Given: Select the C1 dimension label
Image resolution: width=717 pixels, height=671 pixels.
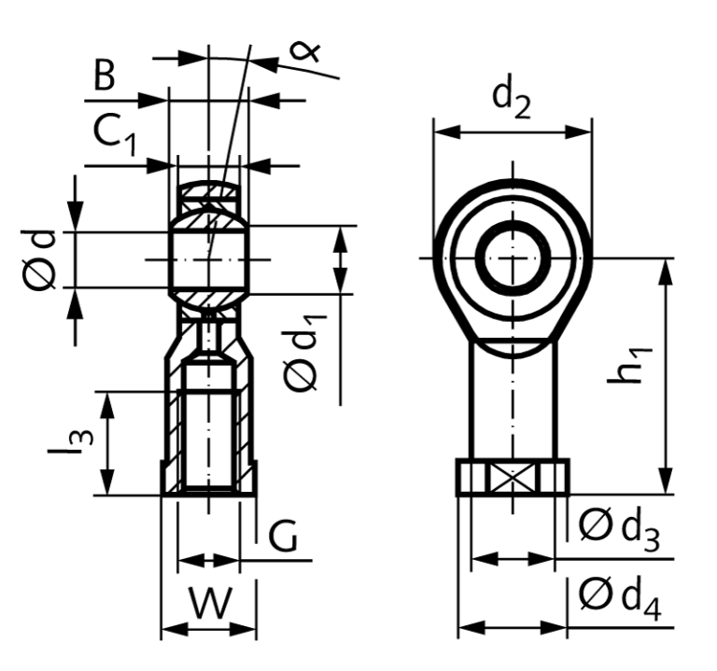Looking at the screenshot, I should (x=115, y=136).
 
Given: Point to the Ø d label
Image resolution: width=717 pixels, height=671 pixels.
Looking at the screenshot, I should (x=43, y=259).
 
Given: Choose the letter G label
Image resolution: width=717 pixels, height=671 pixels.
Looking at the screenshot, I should (x=283, y=538).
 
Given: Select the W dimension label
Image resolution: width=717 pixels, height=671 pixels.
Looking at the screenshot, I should (x=209, y=602).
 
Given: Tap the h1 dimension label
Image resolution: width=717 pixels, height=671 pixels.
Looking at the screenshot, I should (x=636, y=359).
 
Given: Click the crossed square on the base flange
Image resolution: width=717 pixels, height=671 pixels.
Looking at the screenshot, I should (x=512, y=478).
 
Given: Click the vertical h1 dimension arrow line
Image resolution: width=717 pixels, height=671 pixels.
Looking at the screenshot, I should (x=666, y=373).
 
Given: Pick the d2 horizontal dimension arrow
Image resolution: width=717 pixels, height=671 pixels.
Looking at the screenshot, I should (x=512, y=133).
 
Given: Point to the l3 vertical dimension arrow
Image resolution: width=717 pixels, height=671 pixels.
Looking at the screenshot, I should (x=110, y=443).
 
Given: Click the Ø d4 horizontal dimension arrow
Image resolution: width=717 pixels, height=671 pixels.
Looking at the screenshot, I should (x=512, y=626).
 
